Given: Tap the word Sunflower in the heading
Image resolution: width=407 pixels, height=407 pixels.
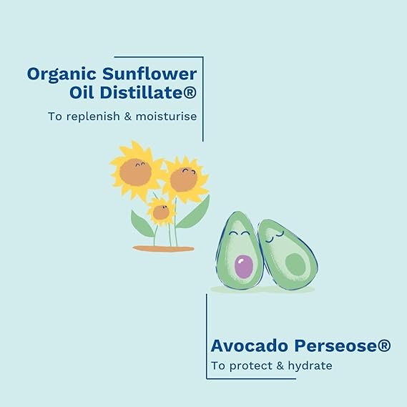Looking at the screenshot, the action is [x=149, y=74].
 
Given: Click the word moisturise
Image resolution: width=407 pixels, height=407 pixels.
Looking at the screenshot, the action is [x=166, y=116].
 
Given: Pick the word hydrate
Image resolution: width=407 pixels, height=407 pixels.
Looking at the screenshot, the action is [x=310, y=366].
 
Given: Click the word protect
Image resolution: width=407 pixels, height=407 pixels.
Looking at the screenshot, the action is [x=251, y=366].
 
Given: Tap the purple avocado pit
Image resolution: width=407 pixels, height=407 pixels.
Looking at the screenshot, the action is [x=244, y=267].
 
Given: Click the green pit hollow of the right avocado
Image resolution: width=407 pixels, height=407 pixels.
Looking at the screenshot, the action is [x=295, y=264].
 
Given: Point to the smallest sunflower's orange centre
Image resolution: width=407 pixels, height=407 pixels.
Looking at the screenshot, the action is [x=161, y=212].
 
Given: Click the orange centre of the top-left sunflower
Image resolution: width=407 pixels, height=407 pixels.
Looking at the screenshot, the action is [x=135, y=172].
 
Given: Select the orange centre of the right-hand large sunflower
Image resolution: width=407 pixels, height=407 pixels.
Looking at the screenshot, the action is [x=184, y=180].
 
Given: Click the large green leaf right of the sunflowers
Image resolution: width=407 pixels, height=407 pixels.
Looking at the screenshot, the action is [x=194, y=212].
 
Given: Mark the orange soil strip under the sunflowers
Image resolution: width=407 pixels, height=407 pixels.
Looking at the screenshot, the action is [x=164, y=249].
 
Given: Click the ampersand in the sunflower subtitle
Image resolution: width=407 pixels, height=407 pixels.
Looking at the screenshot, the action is [x=128, y=116].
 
